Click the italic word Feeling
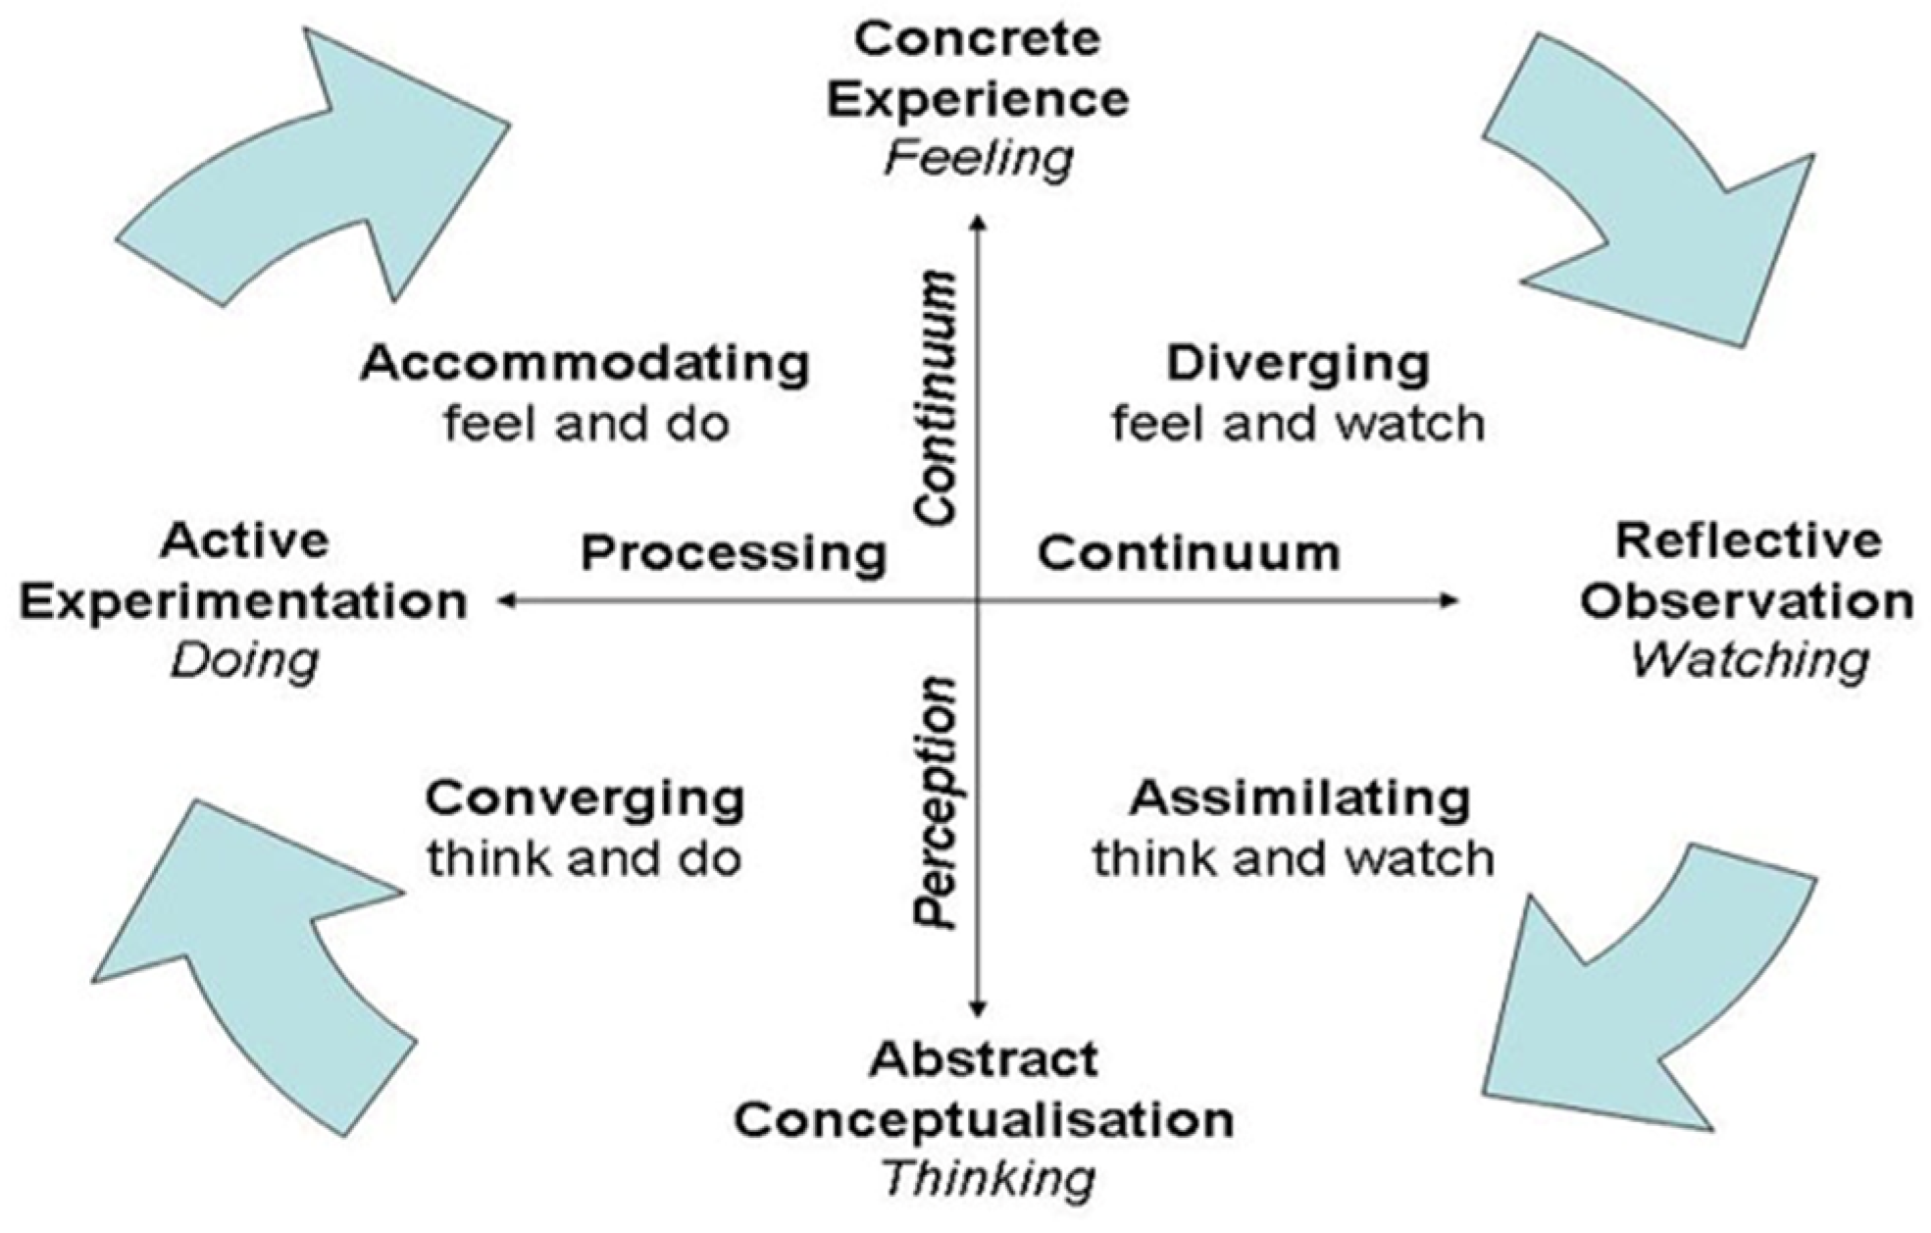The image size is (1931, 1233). pyautogui.click(x=978, y=159)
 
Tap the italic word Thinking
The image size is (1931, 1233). pyautogui.click(x=988, y=1178)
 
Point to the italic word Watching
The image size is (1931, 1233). pyautogui.click(x=1749, y=660)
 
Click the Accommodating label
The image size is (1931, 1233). pyautogui.click(x=584, y=364)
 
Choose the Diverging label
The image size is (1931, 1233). pyautogui.click(x=1296, y=364)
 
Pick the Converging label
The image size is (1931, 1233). pyautogui.click(x=584, y=798)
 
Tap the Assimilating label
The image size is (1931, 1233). pyautogui.click(x=1299, y=798)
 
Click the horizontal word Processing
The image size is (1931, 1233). pyautogui.click(x=734, y=553)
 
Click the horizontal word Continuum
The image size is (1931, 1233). pyautogui.click(x=1189, y=553)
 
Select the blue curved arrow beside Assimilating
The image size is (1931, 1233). pyautogui.click(x=1638, y=991)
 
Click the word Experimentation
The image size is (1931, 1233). pyautogui.click(x=243, y=602)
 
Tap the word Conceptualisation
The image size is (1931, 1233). pyautogui.click(x=984, y=1120)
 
